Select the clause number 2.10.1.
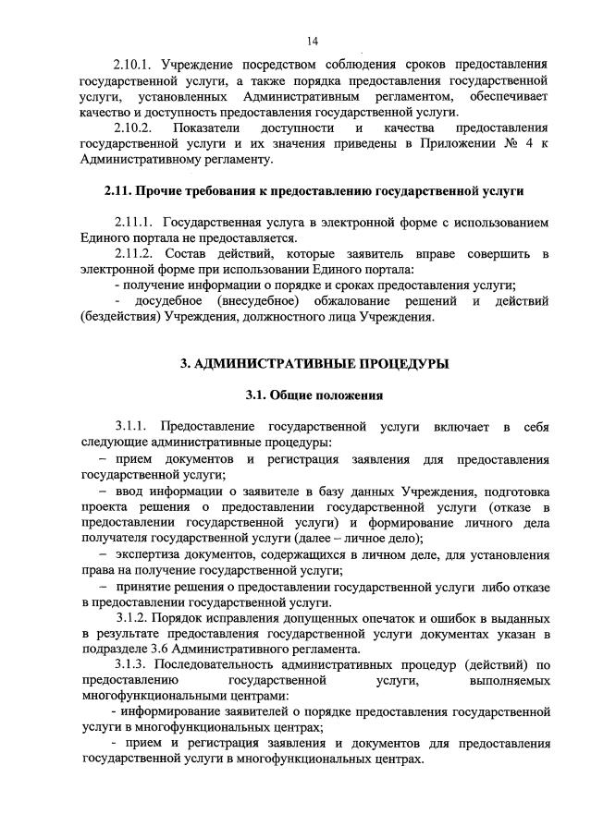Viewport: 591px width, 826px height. [133, 67]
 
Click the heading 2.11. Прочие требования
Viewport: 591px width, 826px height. [313, 191]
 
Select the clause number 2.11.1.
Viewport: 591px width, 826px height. [133, 223]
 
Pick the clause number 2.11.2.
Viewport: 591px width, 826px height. [133, 253]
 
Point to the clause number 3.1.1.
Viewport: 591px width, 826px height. [133, 427]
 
